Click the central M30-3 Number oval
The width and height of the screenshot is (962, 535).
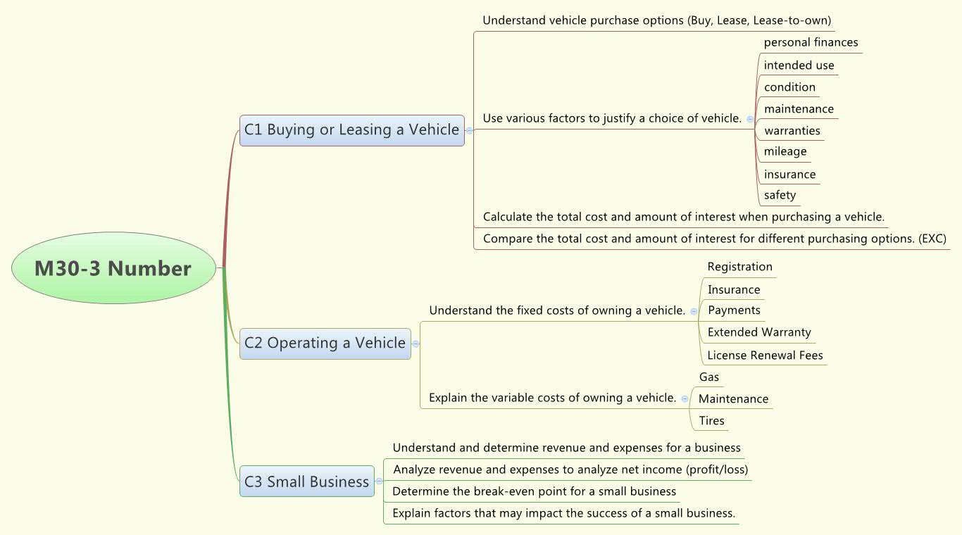coord(113,268)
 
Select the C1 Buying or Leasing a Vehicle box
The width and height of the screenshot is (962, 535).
coord(351,130)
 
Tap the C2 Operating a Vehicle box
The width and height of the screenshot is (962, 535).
coord(325,344)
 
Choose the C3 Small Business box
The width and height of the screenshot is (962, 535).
coord(306,481)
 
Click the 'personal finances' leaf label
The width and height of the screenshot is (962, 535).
coord(811,42)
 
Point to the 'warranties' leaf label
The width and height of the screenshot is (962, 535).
coord(792,131)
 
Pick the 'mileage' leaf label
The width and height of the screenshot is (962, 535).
coord(785,151)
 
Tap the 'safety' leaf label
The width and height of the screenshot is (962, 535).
coord(780,195)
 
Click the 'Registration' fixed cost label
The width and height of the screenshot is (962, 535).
coord(739,267)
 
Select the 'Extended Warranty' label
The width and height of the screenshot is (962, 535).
coord(759,332)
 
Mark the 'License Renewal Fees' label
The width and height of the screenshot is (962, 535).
coord(765,355)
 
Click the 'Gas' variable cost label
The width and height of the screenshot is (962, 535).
coord(709,377)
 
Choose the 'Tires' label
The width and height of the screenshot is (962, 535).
coord(711,421)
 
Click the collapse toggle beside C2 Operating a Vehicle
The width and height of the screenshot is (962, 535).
coord(416,344)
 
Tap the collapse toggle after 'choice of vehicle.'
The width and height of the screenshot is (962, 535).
coord(750,119)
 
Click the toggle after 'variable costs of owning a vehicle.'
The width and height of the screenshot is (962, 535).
coord(685,398)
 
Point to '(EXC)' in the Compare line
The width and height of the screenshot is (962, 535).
coord(932,239)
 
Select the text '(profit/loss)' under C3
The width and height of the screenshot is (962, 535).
coord(712,470)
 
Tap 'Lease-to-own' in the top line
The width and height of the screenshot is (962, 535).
coord(792,20)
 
